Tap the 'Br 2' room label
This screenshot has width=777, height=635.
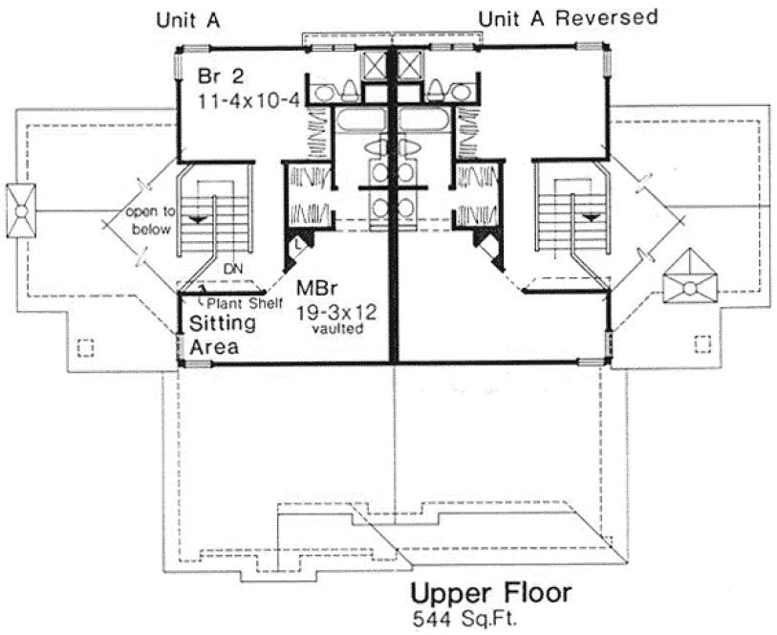[219, 77]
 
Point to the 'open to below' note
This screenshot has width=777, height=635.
[147, 221]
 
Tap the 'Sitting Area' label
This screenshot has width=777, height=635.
[213, 335]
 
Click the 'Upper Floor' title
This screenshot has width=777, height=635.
[491, 593]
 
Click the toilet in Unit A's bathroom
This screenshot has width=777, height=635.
[347, 91]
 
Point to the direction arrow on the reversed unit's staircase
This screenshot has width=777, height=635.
[593, 218]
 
